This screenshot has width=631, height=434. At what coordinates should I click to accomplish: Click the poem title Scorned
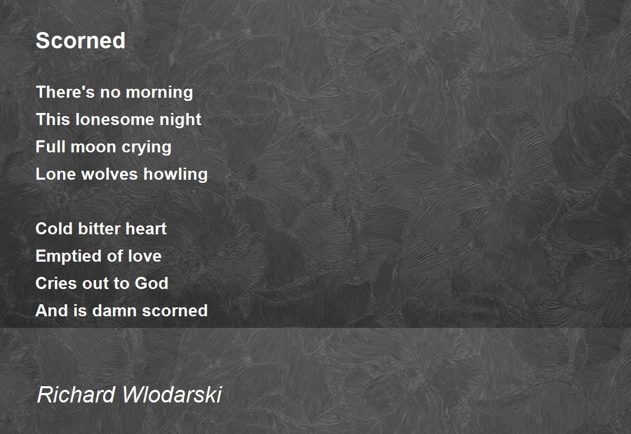(80, 40)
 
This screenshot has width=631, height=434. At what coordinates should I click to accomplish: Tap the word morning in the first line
(159, 92)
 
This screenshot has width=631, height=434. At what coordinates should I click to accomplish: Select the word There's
(65, 92)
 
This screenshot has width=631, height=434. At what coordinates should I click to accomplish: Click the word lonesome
(115, 119)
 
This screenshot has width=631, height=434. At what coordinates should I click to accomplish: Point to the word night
(180, 120)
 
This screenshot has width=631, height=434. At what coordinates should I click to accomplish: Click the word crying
(147, 148)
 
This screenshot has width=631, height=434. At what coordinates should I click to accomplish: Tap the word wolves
(109, 174)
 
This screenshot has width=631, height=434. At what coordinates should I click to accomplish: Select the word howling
(176, 174)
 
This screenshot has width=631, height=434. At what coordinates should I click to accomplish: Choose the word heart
(146, 229)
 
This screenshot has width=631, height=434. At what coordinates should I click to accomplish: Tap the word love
(145, 256)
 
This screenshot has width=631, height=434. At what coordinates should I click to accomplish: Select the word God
(151, 283)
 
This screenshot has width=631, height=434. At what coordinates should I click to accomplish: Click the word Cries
(56, 283)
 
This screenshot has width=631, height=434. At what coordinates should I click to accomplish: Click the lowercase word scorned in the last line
(175, 311)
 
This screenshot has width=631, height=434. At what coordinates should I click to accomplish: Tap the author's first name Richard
(76, 394)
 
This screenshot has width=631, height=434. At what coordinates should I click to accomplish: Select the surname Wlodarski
(172, 394)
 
